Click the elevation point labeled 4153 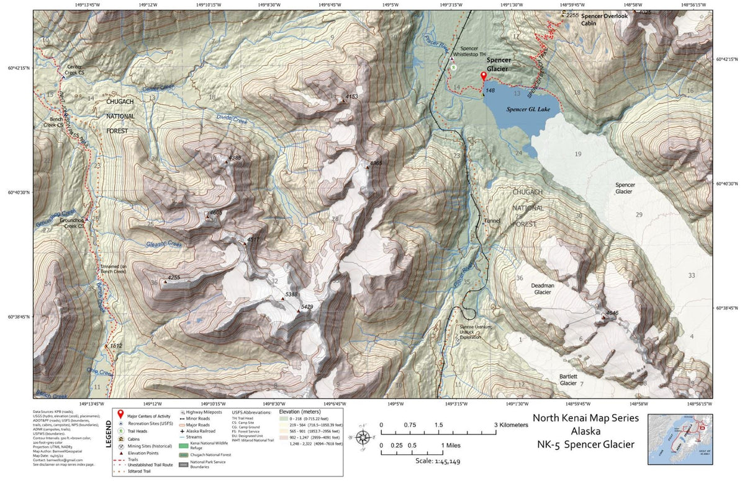[x=346, y=98]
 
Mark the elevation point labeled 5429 [x=298, y=311]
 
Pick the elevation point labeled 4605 [x=207, y=216]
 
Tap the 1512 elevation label [x=115, y=346]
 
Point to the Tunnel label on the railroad [x=492, y=221]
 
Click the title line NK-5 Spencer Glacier [x=585, y=444]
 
